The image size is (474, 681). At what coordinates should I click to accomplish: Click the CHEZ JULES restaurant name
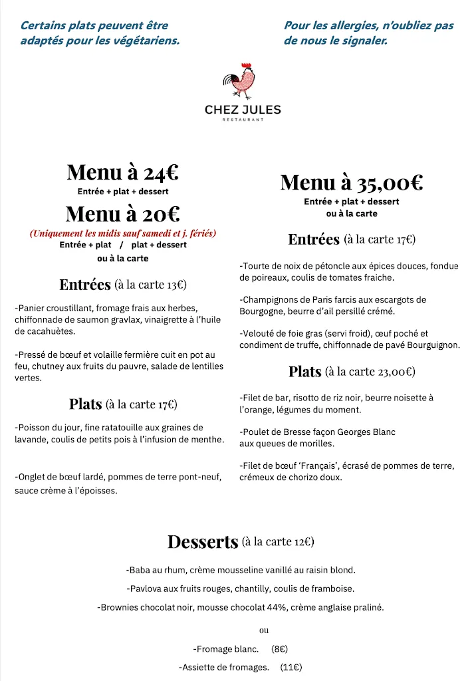243,110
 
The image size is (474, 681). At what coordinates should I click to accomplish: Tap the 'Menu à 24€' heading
122,173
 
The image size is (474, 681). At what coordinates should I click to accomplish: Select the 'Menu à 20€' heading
122,214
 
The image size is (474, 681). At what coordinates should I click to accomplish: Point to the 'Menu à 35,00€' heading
352,182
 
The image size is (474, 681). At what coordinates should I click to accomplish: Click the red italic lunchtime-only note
123,233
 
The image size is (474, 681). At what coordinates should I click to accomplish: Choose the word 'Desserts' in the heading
203,542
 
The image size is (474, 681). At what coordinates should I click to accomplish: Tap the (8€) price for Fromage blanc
279,649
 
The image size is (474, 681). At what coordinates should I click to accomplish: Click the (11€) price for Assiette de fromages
291,667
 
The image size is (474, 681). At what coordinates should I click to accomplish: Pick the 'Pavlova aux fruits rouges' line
240,589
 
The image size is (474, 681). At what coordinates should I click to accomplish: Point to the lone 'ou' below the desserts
264,630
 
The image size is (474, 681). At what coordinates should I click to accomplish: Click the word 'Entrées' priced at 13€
85,285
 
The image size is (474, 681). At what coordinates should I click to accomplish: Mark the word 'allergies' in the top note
352,26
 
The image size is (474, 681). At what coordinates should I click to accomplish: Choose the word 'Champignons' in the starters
271,300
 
